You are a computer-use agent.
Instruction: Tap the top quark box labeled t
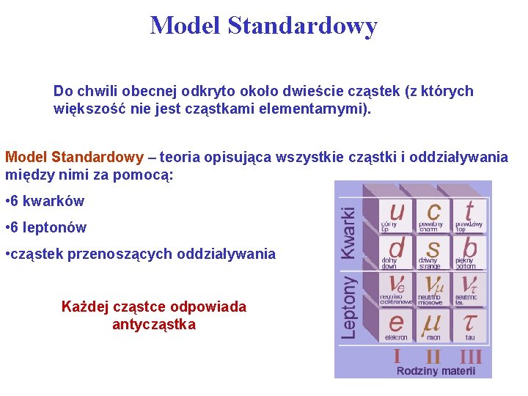(469, 216)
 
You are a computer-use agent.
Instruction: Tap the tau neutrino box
(469, 288)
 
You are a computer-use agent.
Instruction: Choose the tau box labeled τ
(469, 325)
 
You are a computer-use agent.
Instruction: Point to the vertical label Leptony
(350, 307)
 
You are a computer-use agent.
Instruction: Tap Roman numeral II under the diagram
(433, 356)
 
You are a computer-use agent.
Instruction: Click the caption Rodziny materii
(436, 371)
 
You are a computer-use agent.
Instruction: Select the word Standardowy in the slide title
(302, 26)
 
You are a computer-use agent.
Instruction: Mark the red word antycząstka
(154, 324)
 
